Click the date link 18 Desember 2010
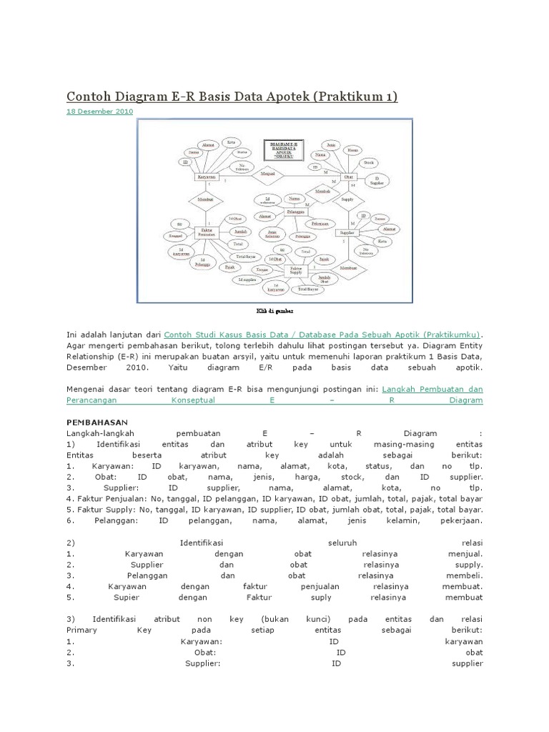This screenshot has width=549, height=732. pos(99,112)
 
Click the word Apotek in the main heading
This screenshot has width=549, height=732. pos(281,96)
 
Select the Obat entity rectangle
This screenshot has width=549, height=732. pos(348,176)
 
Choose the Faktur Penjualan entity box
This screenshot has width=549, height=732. pos(207,232)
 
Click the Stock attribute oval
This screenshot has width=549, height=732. pos(368,162)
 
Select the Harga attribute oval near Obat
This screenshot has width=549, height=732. pos(352,151)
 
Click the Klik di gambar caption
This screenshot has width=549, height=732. pos(276,312)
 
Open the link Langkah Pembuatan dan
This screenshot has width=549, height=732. pos(432,389)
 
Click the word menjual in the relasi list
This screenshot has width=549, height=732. pos(466,553)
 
